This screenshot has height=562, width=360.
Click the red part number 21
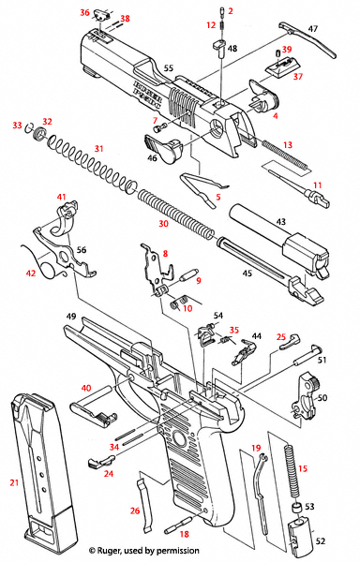(14, 481)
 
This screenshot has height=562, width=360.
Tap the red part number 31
(98, 149)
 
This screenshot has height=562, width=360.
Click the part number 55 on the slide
(169, 68)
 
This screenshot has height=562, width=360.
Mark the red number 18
(184, 534)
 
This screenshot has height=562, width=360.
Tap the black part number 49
(69, 317)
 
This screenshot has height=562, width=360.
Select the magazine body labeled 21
(37, 473)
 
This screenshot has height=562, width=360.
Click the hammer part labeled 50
(307, 393)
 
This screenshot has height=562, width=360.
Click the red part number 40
(86, 388)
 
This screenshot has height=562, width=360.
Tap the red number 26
(135, 510)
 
